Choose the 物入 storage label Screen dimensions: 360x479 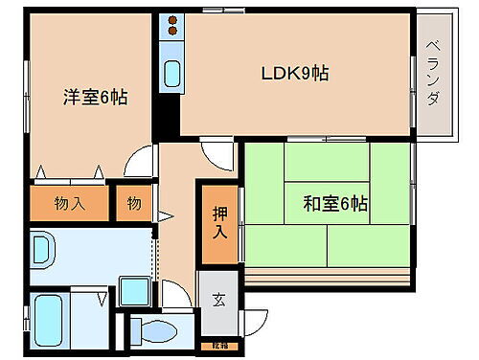tap(70, 203)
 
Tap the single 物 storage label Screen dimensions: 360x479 tap(135, 203)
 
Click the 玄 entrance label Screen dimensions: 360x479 tap(219, 298)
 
